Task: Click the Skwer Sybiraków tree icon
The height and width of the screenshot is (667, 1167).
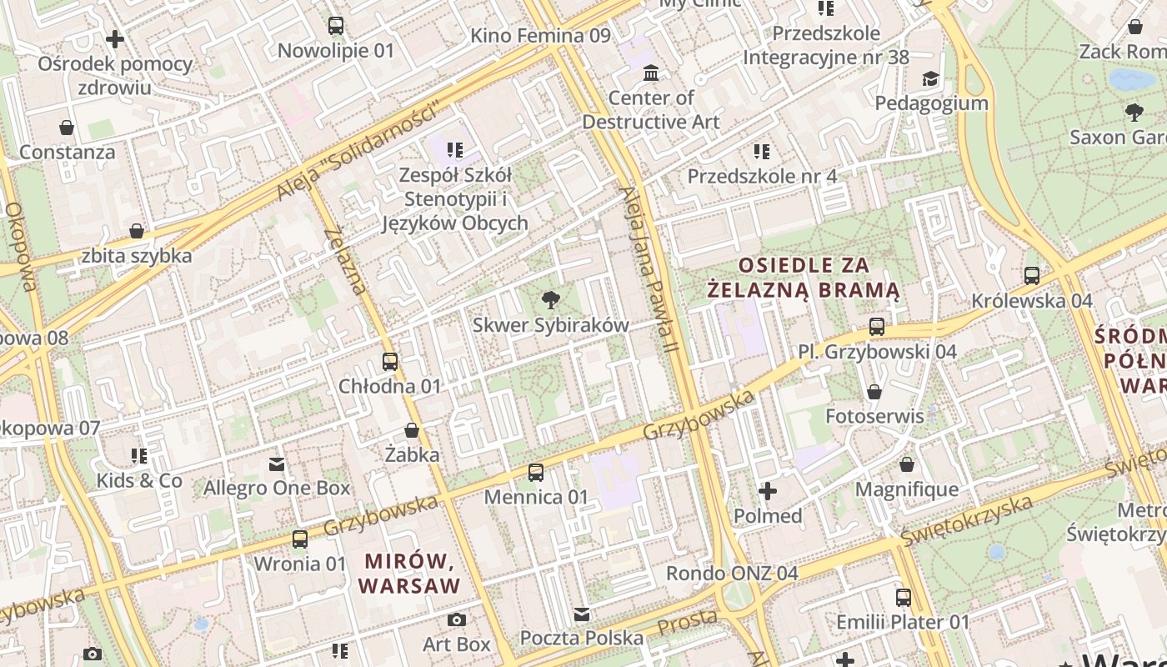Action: tap(550, 300)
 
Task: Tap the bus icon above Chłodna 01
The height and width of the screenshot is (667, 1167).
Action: tap(390, 362)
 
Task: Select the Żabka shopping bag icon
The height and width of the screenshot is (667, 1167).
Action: tap(412, 430)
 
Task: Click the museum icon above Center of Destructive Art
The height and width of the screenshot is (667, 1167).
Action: tap(651, 73)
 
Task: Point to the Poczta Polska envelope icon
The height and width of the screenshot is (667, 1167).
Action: tap(582, 614)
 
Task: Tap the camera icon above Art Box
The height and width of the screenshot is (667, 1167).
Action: tap(456, 619)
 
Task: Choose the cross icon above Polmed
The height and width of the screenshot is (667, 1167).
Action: tap(768, 491)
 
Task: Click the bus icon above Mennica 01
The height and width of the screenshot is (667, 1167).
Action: tap(536, 473)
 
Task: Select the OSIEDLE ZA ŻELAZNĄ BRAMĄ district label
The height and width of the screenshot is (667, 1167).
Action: tap(804, 278)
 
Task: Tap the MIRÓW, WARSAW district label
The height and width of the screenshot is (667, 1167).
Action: tap(409, 572)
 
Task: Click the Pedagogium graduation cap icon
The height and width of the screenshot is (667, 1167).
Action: tap(930, 79)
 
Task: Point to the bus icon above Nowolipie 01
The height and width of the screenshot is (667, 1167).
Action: tap(335, 26)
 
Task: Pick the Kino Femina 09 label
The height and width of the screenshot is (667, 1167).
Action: tap(540, 35)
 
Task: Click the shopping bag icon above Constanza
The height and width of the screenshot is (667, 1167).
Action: tap(67, 128)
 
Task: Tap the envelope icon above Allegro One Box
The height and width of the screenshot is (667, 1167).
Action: tap(277, 464)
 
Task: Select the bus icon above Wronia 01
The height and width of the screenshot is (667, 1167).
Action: tap(299, 539)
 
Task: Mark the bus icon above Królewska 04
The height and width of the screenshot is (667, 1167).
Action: tap(1032, 276)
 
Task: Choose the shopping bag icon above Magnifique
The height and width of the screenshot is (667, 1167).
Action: tap(907, 464)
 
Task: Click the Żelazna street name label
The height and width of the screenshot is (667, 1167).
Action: tap(345, 260)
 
